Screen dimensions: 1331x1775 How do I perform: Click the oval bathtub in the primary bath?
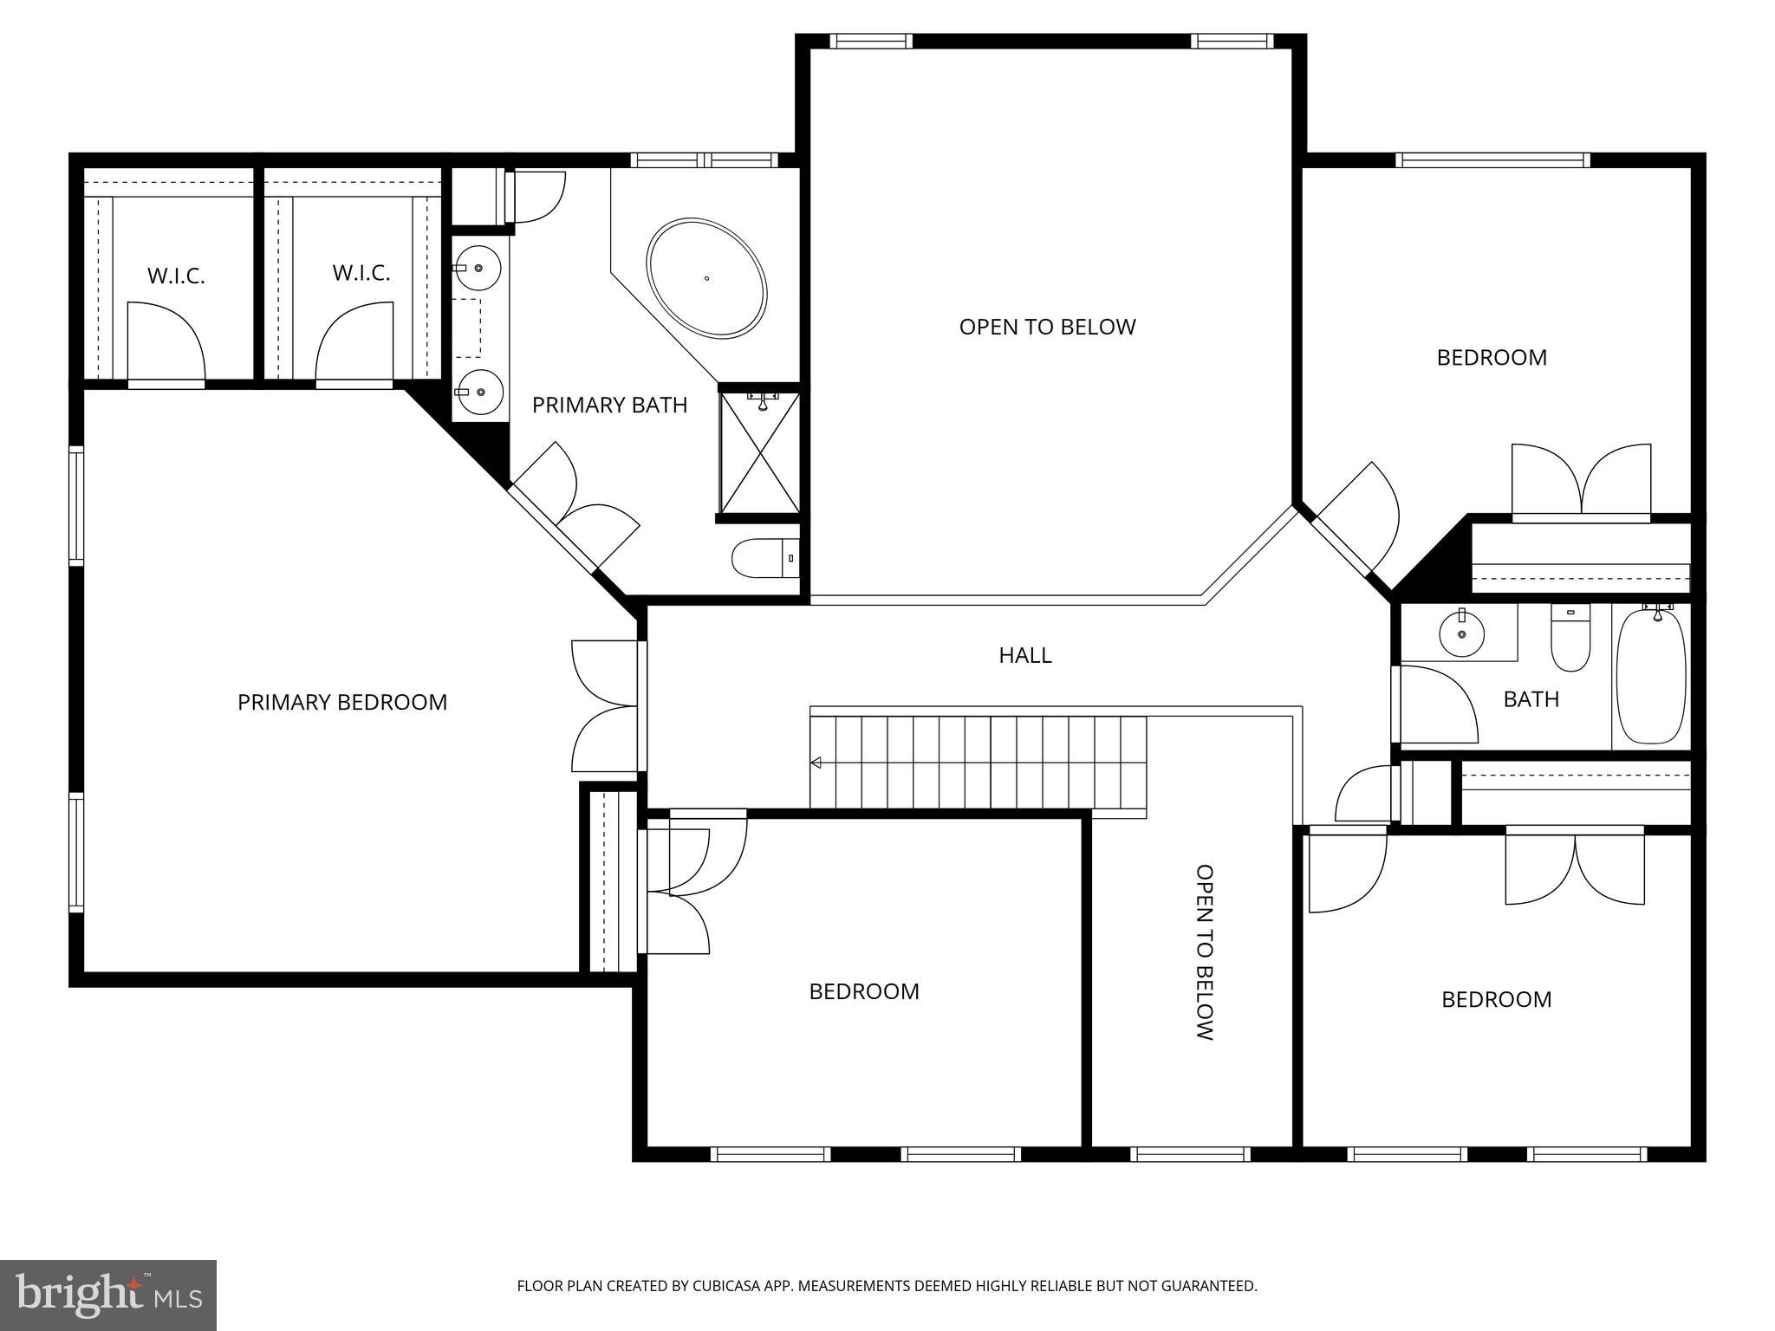click(x=706, y=277)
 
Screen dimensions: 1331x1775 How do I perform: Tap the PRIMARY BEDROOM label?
click(x=342, y=702)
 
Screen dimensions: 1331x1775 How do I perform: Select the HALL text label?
click(x=1025, y=655)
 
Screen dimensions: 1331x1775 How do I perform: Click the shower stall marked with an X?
click(x=760, y=453)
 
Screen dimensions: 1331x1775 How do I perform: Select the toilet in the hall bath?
click(x=1570, y=646)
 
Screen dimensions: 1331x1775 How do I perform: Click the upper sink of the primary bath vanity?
click(x=478, y=268)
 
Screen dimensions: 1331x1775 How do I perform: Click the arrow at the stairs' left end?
click(x=816, y=763)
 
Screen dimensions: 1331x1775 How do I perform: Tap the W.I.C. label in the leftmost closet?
click(x=176, y=276)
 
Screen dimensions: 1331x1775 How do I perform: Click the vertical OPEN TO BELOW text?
click(x=1204, y=951)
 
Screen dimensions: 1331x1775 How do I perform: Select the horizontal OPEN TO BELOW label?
click(x=1047, y=327)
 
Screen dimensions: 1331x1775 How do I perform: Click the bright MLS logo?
click(x=107, y=1295)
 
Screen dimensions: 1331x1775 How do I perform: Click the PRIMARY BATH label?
click(x=609, y=405)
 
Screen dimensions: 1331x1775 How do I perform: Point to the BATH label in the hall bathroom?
click(x=1531, y=699)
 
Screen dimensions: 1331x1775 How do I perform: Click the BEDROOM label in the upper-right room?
click(x=1491, y=357)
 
